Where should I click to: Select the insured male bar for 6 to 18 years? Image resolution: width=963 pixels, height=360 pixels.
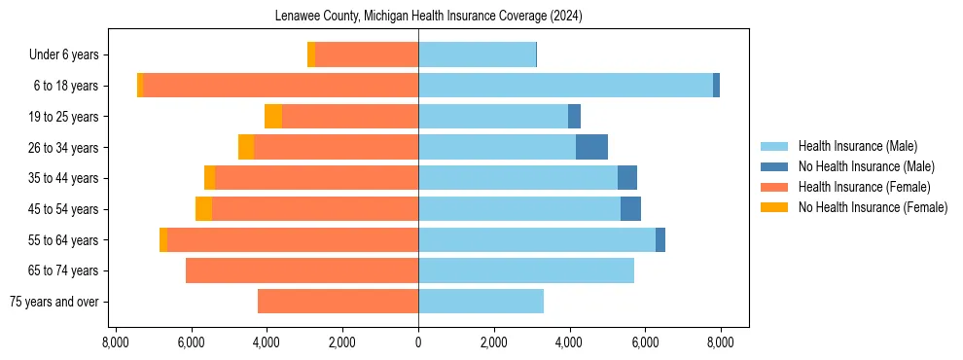coord(565,86)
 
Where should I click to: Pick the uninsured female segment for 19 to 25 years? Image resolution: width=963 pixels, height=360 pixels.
coord(273,117)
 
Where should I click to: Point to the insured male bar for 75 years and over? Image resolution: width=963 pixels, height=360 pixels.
coord(481,302)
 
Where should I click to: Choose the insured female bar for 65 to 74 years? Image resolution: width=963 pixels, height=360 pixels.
coord(302,270)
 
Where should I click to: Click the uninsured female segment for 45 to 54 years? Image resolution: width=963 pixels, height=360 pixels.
coord(203,209)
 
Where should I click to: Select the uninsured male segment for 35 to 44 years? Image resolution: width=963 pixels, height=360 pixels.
coord(627,178)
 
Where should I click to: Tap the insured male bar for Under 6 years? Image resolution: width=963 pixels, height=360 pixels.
coord(477,54)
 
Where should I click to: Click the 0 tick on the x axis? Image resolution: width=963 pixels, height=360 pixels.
coord(418,342)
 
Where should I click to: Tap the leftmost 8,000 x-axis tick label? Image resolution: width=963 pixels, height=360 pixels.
coord(116,342)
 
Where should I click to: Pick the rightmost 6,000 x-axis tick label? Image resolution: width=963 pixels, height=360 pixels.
coord(645,342)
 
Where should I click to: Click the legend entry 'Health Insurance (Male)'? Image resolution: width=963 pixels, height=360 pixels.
coord(857,146)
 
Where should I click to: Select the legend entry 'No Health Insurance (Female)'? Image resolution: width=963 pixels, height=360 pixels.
coord(873,207)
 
